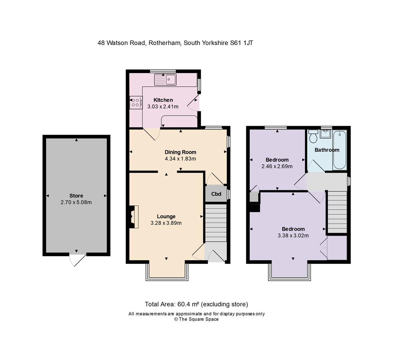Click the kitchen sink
tap(166, 80)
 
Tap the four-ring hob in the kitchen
tap(136, 102)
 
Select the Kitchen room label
tap(163, 100)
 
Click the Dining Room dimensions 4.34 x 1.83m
tap(180, 159)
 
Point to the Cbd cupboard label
tap(216, 194)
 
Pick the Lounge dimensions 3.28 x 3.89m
tap(166, 223)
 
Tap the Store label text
tap(76, 196)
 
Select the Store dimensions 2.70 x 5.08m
tap(76, 202)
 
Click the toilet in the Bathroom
tap(313, 136)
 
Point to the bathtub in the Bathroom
tap(340, 150)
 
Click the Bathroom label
tap(327, 150)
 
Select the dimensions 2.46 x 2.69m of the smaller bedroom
tap(277, 166)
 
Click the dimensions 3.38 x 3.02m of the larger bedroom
tap(293, 235)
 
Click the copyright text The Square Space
tap(199, 319)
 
